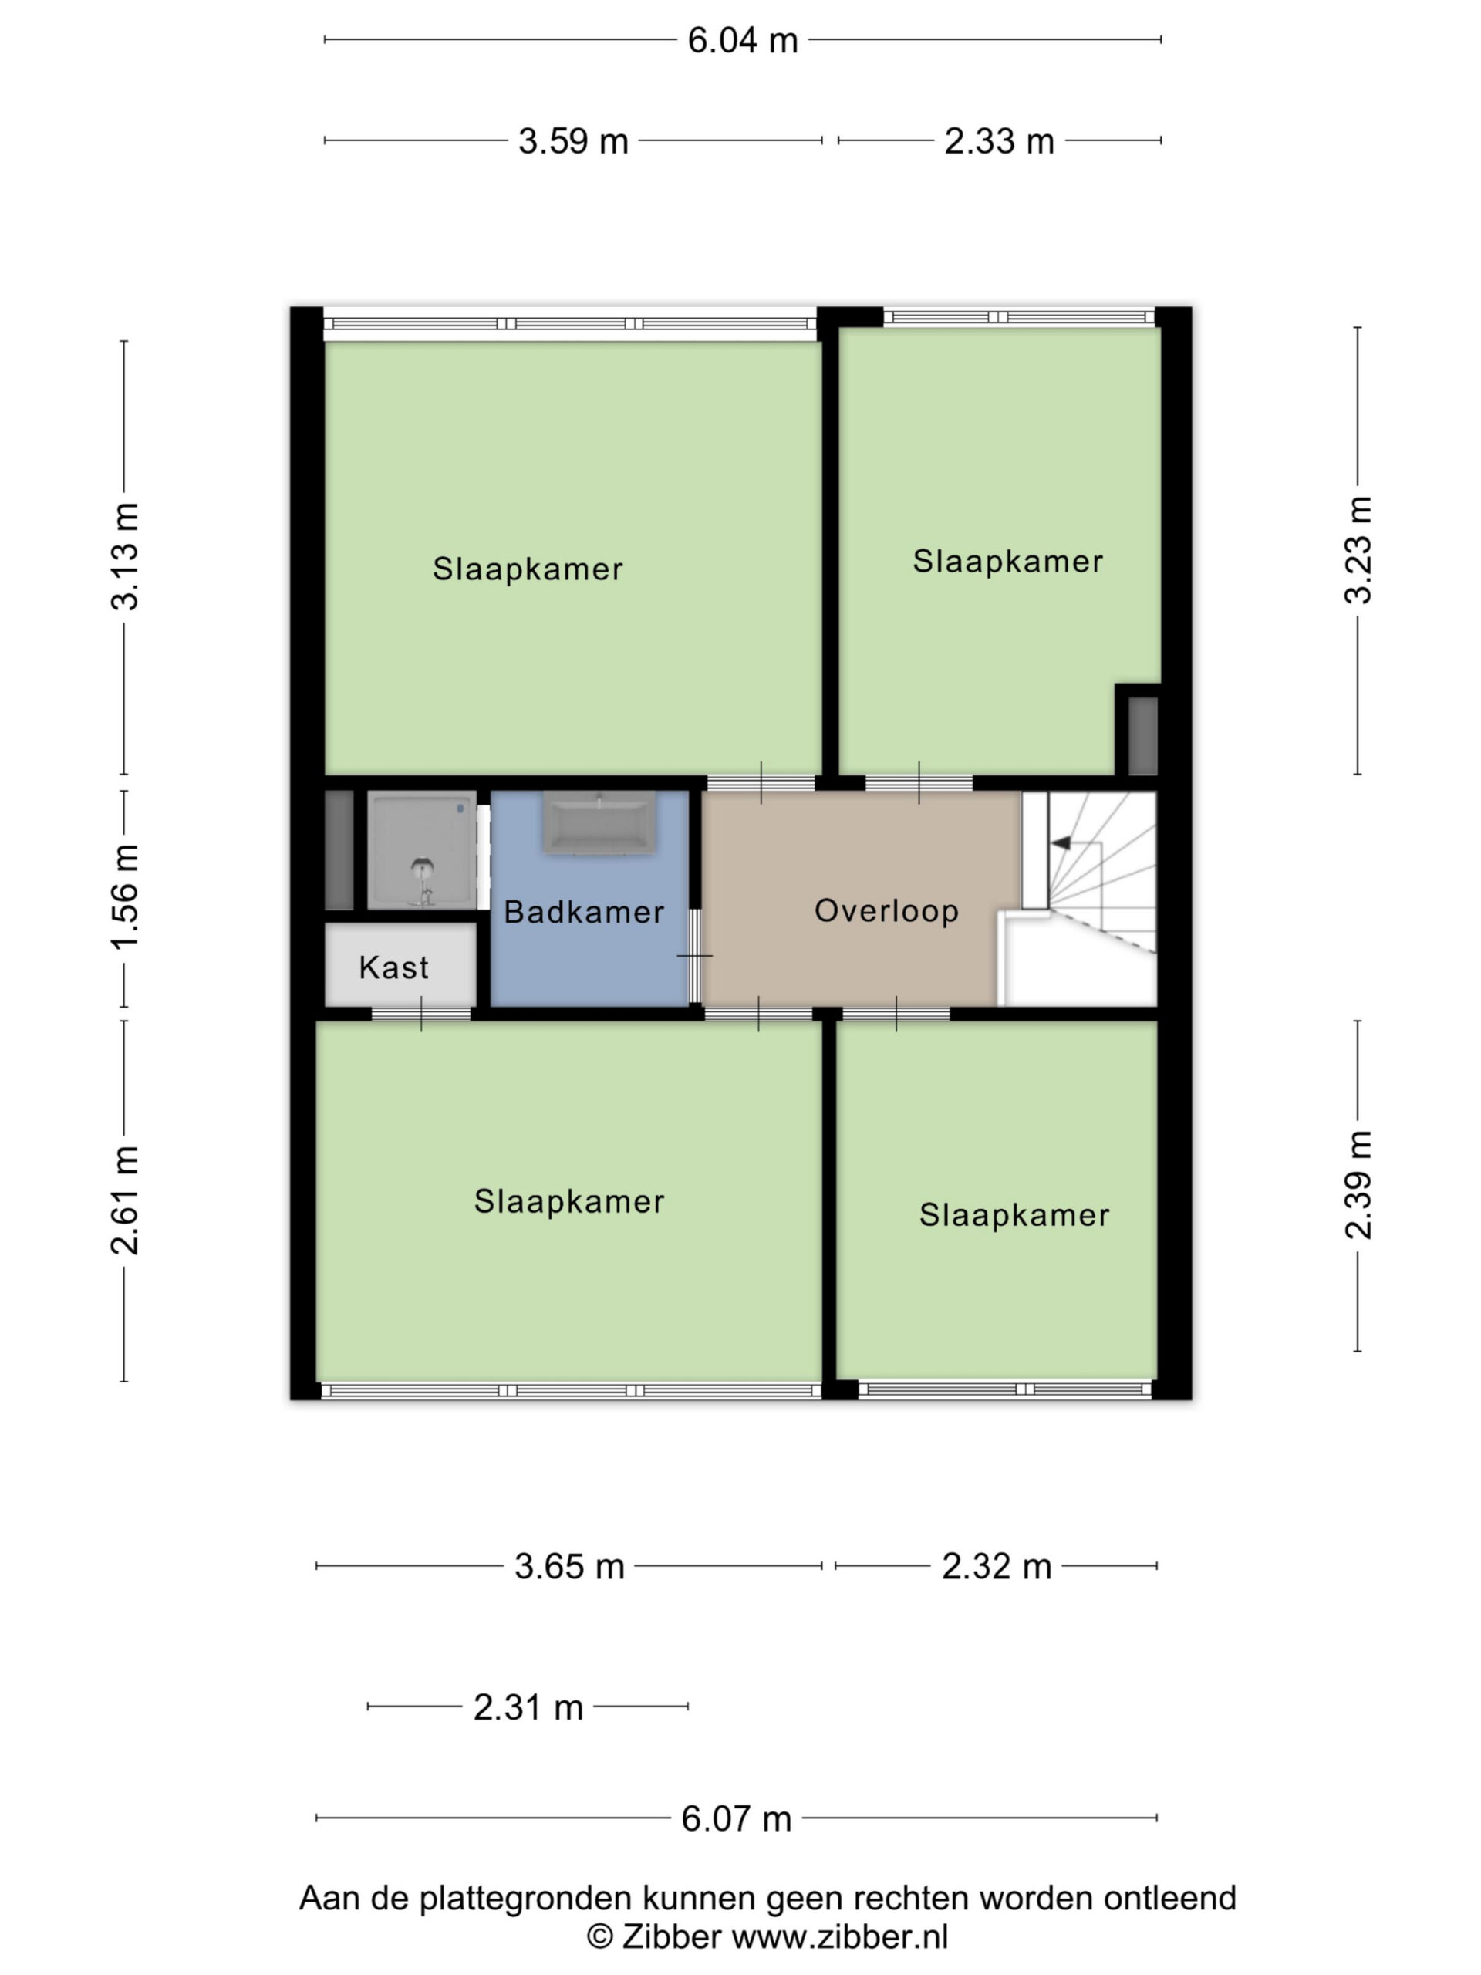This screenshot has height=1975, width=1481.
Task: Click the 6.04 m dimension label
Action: click(742, 40)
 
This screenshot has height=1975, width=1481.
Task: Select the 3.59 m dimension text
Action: click(573, 141)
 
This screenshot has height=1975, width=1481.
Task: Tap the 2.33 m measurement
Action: click(999, 141)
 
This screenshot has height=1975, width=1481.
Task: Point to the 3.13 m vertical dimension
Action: click(125, 556)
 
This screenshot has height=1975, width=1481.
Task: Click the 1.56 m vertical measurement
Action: click(125, 896)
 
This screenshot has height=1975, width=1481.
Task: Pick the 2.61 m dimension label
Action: click(125, 1200)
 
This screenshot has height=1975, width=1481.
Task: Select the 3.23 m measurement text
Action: click(1358, 550)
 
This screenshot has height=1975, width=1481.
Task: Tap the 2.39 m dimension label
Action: click(1358, 1185)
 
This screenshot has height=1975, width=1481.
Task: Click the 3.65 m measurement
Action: click(568, 1566)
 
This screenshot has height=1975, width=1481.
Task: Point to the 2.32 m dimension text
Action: click(997, 1566)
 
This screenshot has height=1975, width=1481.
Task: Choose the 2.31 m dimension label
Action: click(528, 1707)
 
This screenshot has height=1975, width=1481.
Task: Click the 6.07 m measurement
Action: click(737, 1818)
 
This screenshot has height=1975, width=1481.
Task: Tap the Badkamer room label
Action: click(584, 912)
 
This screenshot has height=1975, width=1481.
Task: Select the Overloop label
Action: click(886, 910)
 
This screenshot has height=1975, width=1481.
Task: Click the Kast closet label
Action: click(393, 967)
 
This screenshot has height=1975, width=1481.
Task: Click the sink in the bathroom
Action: click(600, 822)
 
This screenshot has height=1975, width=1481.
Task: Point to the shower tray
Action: click(422, 852)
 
